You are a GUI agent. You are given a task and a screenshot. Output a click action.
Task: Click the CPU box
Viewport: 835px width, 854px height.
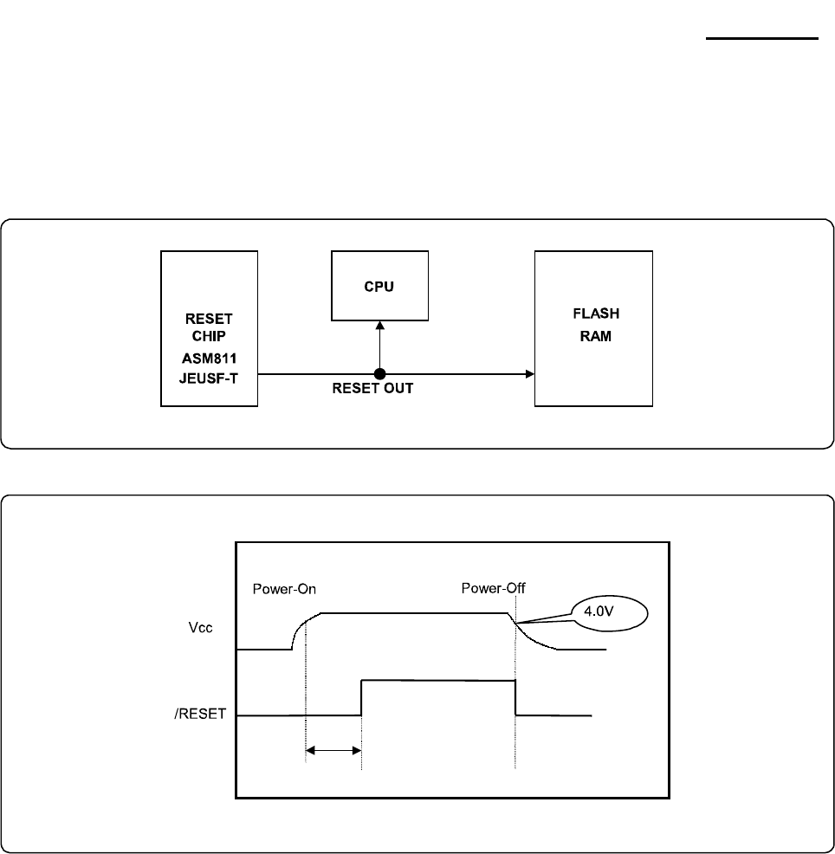pos(379,285)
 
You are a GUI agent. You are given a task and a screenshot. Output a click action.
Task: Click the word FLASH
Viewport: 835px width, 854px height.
pos(596,314)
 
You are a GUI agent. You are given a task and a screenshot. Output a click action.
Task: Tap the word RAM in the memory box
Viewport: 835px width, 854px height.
pos(596,336)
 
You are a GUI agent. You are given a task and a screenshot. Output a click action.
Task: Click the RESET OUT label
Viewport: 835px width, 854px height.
pos(372,389)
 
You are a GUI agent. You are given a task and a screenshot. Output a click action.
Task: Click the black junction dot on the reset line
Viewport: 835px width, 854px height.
pos(379,374)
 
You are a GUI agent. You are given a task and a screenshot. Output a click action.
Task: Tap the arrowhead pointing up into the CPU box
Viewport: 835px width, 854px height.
pos(379,326)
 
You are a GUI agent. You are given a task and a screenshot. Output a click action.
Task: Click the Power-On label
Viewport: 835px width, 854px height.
pos(284,589)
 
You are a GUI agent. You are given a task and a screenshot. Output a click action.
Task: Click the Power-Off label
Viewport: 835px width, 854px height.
pos(493,589)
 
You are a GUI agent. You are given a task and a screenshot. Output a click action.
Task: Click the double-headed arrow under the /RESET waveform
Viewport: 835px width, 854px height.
pos(333,751)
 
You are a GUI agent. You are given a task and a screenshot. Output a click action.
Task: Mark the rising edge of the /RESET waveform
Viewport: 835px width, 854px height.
pos(361,698)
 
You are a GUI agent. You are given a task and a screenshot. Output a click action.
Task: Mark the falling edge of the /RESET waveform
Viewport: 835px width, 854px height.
pos(515,698)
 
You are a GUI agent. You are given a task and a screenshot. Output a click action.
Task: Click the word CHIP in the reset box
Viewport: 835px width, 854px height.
pos(209,335)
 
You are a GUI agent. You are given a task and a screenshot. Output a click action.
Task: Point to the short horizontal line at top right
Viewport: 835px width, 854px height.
pos(761,38)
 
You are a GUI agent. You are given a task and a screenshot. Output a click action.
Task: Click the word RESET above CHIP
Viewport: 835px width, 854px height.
pos(209,318)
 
